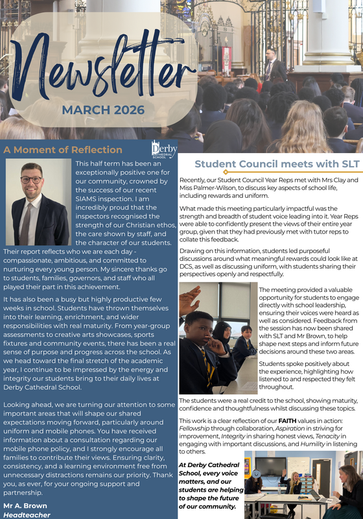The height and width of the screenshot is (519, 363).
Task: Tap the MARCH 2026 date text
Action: click(x=103, y=110)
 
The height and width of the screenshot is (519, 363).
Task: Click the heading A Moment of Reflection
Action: click(x=63, y=150)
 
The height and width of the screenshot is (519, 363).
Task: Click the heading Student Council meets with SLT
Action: click(x=270, y=163)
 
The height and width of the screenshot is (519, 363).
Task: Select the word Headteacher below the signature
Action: click(x=27, y=514)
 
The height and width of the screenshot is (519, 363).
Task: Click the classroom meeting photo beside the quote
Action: click(x=303, y=483)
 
